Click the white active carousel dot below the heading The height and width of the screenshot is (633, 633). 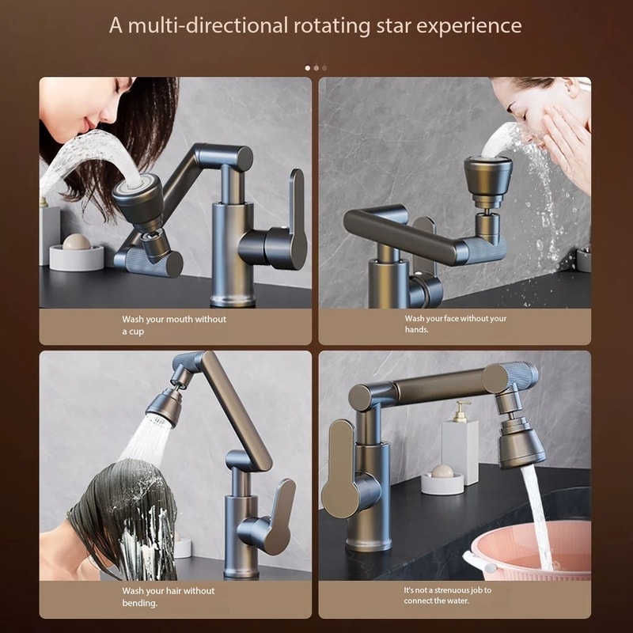coord(308,68)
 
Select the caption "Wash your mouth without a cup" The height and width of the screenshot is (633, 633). coord(174,325)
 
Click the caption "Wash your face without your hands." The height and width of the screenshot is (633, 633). coord(456,324)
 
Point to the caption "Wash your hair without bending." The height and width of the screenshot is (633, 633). coord(168,597)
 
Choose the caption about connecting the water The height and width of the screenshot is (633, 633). coord(447,595)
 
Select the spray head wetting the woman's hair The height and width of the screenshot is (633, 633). coord(165,404)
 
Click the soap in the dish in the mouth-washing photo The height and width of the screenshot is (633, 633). coord(77,241)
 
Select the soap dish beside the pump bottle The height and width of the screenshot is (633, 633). coord(442,480)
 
